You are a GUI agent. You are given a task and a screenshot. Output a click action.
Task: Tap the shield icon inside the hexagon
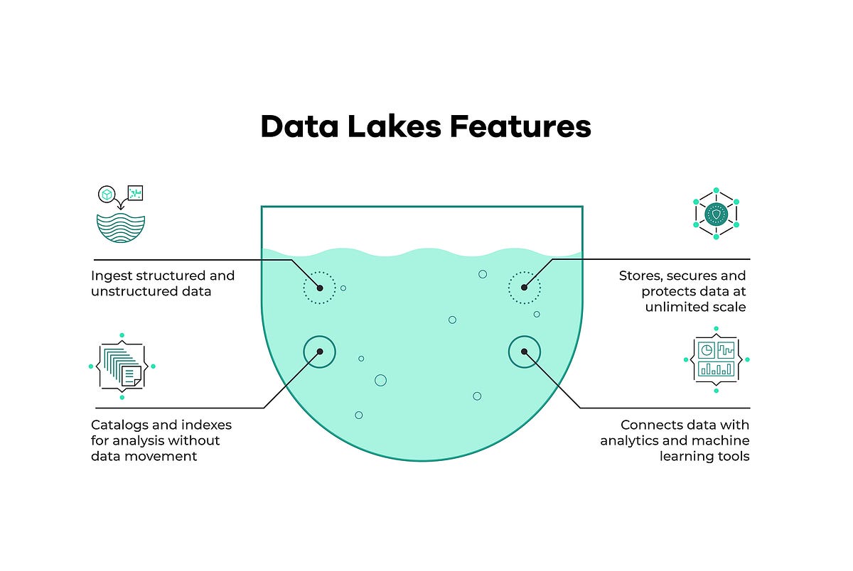716,213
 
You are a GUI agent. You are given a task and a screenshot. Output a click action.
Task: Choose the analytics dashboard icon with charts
716,359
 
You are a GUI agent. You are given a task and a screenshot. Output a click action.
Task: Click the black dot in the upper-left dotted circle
320,288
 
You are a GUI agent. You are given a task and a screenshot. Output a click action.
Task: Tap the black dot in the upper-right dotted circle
524,288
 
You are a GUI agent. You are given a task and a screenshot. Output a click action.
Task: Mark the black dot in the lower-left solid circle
320,352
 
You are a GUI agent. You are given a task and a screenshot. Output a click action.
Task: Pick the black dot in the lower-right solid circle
524,352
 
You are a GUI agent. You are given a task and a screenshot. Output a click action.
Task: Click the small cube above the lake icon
107,195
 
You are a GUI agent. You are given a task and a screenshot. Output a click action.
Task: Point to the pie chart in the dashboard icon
707,350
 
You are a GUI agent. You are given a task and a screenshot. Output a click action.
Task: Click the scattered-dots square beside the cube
134,193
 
